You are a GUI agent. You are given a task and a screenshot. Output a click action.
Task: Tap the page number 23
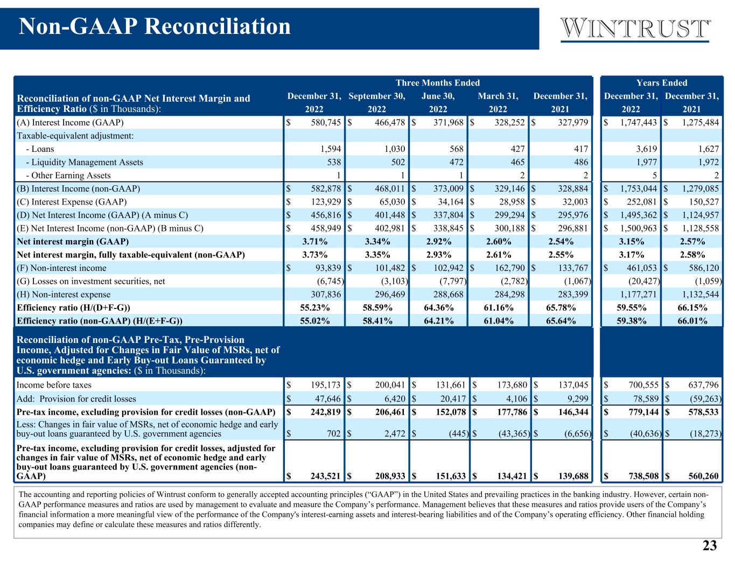point(710,546)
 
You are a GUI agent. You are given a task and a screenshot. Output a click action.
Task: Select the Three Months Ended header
point(437,82)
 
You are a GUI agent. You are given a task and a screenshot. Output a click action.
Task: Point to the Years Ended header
point(661,82)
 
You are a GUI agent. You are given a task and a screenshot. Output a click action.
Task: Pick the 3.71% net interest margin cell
point(314,241)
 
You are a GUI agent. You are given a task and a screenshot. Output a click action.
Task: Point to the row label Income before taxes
point(54,385)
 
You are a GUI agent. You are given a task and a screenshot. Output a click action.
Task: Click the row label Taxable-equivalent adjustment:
point(75,136)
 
